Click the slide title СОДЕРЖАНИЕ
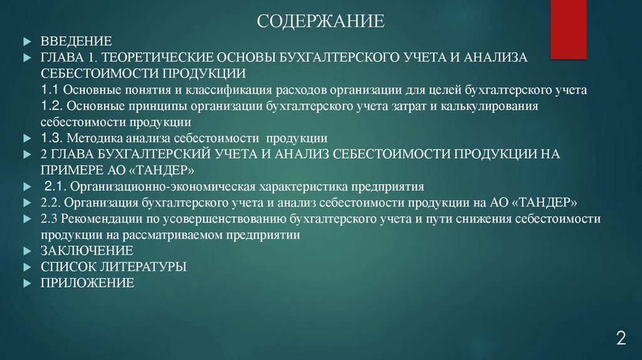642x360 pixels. point(320,23)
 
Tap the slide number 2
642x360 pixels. point(621,339)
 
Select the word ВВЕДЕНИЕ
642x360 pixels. point(76,42)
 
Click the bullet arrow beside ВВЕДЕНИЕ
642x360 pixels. point(26,42)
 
